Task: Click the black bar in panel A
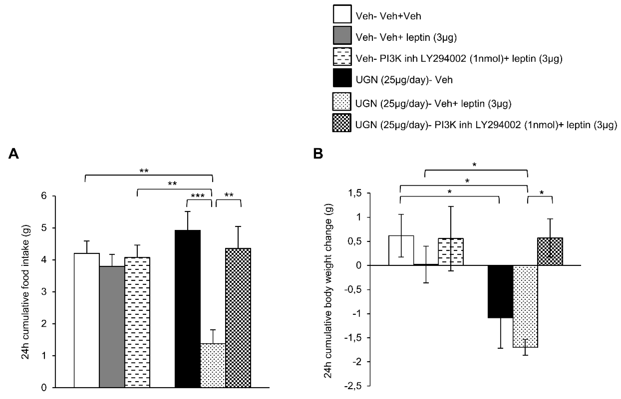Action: [188, 308]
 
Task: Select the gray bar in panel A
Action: [112, 326]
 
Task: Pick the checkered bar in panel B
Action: [550, 251]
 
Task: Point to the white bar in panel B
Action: [401, 250]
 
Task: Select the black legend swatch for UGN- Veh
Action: [342, 78]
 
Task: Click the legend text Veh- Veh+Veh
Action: [388, 16]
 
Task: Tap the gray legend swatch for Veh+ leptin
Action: [342, 35]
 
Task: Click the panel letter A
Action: [14, 154]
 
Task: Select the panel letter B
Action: [318, 154]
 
